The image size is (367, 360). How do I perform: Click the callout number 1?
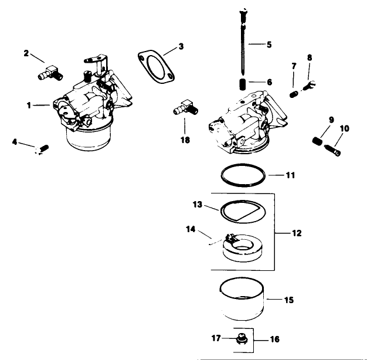tap(29, 105)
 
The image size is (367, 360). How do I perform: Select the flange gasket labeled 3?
tap(155, 64)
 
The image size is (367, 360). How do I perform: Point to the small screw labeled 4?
tap(42, 149)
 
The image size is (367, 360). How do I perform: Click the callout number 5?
tap(269, 43)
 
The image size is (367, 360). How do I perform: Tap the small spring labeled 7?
tap(294, 93)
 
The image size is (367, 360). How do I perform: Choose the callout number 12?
tap(297, 233)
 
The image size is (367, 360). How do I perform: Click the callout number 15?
tap(288, 300)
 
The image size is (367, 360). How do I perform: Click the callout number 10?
tap(344, 128)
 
